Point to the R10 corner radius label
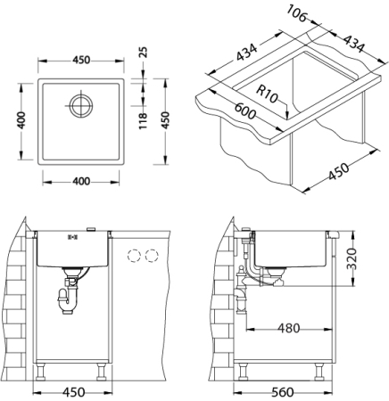click(x=268, y=94)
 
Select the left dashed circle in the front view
click(x=135, y=257)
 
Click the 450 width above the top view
click(x=80, y=61)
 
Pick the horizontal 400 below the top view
click(x=80, y=182)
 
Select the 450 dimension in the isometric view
click(x=337, y=172)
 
